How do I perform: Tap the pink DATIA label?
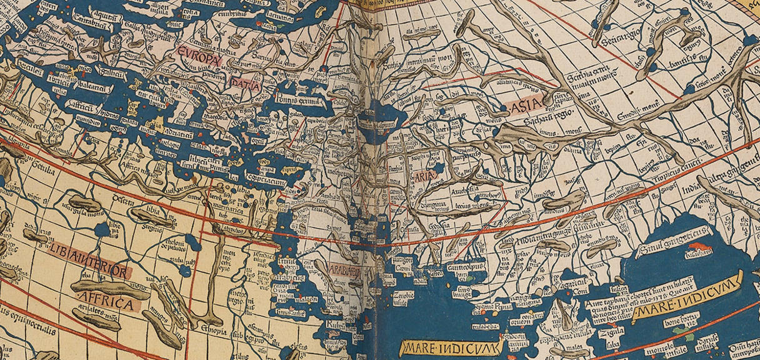pos(245,84)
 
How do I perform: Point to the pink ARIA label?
pos(424,177)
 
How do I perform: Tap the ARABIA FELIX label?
pos(343,272)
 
